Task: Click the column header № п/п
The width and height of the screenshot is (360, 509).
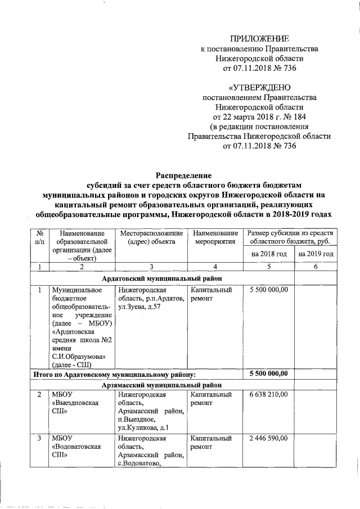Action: click(40, 237)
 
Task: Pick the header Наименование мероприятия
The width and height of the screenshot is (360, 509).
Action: click(212, 237)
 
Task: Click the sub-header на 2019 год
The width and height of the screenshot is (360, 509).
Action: click(316, 254)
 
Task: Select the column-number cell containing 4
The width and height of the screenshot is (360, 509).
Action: click(212, 267)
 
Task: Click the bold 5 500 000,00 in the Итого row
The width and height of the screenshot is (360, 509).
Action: click(269, 373)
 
